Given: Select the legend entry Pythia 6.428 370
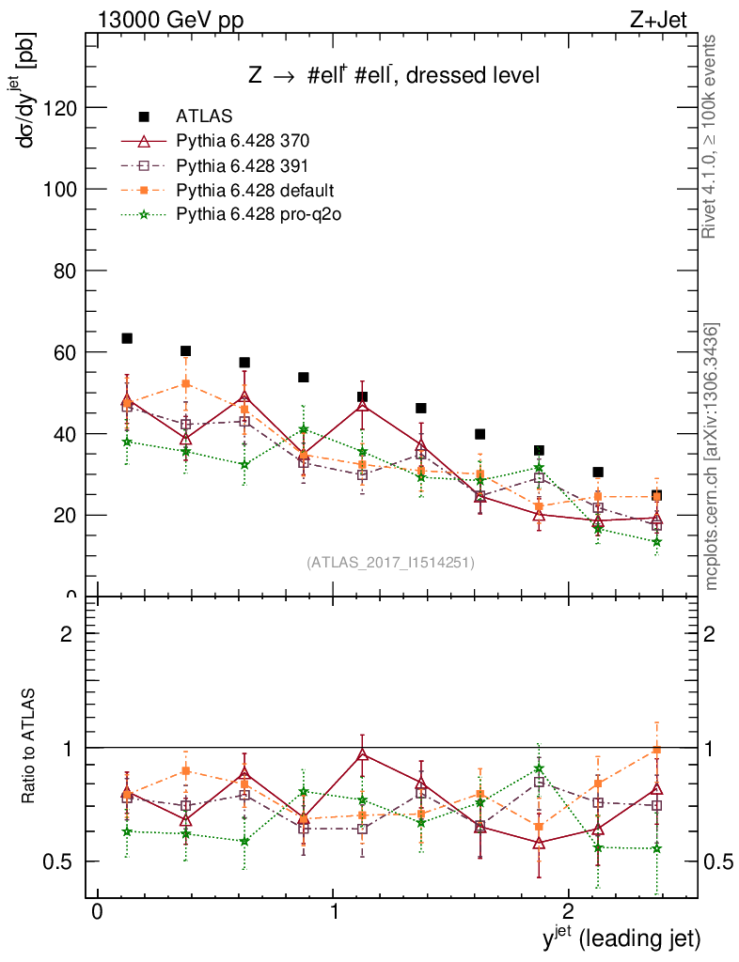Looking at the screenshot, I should pyautogui.click(x=243, y=141).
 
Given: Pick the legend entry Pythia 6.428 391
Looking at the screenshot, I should pyautogui.click(x=243, y=165).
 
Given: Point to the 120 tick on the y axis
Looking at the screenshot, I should pyautogui.click(x=62, y=107).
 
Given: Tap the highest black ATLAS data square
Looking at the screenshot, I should pyautogui.click(x=127, y=338).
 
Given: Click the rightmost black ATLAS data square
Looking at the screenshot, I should pyautogui.click(x=656, y=495).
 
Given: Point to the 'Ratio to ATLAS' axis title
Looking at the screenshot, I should pyautogui.click(x=29, y=747).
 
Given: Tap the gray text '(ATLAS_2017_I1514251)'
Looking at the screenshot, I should pyautogui.click(x=389, y=563).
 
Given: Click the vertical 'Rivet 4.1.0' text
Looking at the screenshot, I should pyautogui.click(x=712, y=136).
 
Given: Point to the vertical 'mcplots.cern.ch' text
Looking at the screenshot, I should pyautogui.click(x=712, y=456).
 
